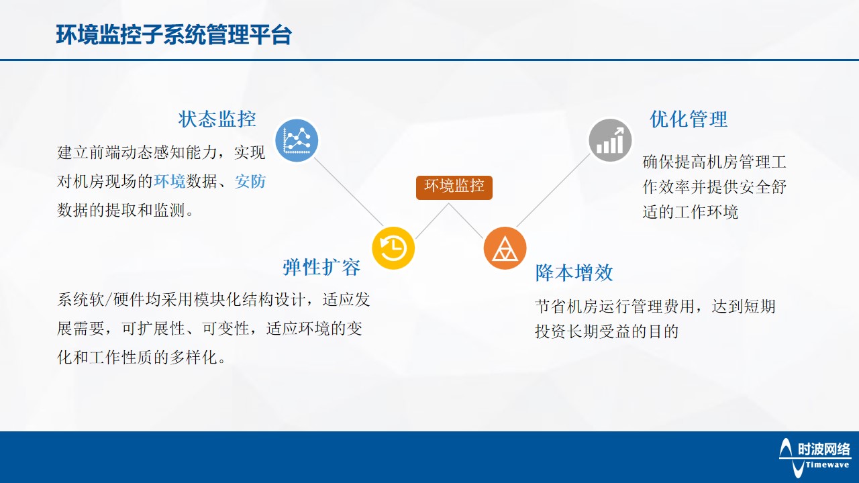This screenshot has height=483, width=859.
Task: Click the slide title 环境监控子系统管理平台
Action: [x=174, y=35]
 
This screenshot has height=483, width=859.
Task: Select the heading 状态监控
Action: [x=217, y=119]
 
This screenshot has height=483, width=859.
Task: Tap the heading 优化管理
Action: [x=689, y=119]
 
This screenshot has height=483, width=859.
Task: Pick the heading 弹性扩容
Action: [x=321, y=267]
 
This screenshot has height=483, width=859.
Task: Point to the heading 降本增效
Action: [x=574, y=272]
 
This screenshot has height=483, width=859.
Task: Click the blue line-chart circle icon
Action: [x=297, y=140]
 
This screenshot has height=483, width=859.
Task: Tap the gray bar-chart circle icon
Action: [x=610, y=140]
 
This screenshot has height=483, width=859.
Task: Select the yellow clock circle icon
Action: [x=393, y=248]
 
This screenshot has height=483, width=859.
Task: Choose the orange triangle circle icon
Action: [x=505, y=248]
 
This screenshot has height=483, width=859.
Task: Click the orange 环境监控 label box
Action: [x=454, y=187]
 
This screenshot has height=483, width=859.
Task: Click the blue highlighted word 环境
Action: [x=170, y=181]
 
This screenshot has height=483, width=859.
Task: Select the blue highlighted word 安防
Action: [x=250, y=181]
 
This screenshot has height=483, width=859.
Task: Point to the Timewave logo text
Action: [x=827, y=465]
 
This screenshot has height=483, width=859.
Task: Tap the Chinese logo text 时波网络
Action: [x=823, y=449]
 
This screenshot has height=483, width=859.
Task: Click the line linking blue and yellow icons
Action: [x=348, y=192]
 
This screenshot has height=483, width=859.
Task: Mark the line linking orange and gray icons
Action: [x=554, y=191]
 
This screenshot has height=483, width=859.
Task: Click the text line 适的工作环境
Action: [x=691, y=212]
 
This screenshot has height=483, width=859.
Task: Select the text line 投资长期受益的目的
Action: [x=607, y=331]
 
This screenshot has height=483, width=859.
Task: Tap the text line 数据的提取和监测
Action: [x=125, y=210]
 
